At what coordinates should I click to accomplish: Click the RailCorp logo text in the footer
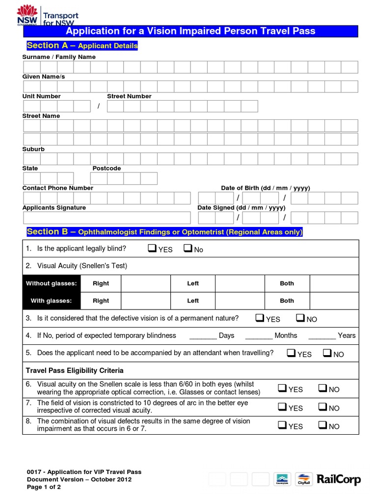(339, 479)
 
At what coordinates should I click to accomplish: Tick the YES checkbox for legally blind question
(152, 249)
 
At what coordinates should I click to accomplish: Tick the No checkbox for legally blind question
(188, 249)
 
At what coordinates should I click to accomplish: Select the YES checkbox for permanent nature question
(260, 318)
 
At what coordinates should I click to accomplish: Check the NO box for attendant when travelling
(327, 353)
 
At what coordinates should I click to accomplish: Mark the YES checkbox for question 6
(282, 389)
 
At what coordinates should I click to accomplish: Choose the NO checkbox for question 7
(323, 407)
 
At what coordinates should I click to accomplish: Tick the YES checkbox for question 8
(282, 425)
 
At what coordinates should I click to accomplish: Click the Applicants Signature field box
(107, 218)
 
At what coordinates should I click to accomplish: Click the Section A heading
(82, 46)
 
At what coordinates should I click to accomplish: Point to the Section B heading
(164, 232)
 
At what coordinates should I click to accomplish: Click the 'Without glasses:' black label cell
(51, 283)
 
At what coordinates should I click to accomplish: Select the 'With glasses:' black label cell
(51, 301)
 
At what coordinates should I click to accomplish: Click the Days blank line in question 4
(203, 336)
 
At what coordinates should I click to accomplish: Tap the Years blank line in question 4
(322, 336)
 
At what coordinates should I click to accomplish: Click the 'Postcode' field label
(107, 168)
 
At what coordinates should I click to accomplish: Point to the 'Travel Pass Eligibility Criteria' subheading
(75, 370)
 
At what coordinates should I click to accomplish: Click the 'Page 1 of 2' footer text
(44, 487)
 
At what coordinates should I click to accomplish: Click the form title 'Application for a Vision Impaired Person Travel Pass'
(190, 31)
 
